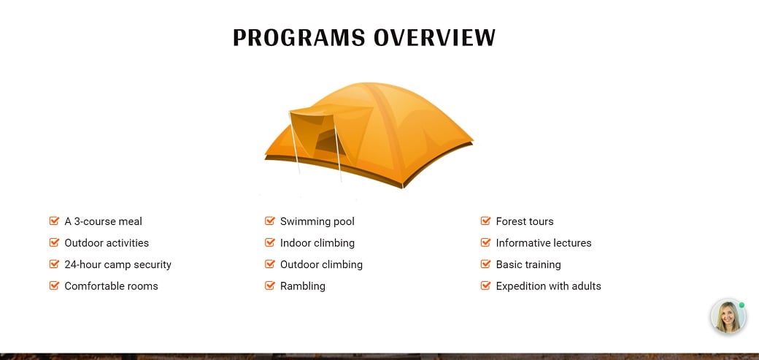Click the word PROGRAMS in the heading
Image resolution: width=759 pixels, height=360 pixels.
pyautogui.click(x=298, y=37)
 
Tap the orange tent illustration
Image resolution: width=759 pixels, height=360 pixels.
pyautogui.click(x=369, y=134)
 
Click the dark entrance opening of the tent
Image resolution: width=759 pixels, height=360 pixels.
pyautogui.click(x=329, y=143)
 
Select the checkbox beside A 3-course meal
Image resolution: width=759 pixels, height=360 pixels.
pyautogui.click(x=54, y=221)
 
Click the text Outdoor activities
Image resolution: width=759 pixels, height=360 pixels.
pyautogui.click(x=107, y=242)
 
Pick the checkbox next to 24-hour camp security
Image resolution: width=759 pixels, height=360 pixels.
pyautogui.click(x=54, y=264)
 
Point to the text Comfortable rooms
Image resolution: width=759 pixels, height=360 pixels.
pyautogui.click(x=112, y=286)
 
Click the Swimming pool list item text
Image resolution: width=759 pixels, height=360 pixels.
pyautogui.click(x=317, y=221)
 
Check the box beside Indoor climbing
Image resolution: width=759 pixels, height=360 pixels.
pyautogui.click(x=270, y=242)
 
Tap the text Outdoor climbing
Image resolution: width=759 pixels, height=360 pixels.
pyautogui.click(x=321, y=264)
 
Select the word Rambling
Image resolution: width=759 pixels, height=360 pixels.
pyautogui.click(x=303, y=286)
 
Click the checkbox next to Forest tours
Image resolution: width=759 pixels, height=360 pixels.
pyautogui.click(x=485, y=221)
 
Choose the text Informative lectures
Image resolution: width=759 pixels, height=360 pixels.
pyautogui.click(x=544, y=242)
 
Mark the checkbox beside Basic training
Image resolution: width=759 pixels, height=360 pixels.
pyautogui.click(x=485, y=264)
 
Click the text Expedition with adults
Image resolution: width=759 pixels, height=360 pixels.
pyautogui.click(x=548, y=286)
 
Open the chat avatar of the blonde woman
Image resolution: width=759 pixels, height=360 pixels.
pyautogui.click(x=728, y=316)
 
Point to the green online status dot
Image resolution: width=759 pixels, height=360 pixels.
pyautogui.click(x=741, y=305)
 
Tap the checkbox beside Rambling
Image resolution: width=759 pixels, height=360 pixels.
pyautogui.click(x=270, y=286)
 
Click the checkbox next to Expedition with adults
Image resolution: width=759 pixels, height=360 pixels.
pyautogui.click(x=485, y=286)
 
